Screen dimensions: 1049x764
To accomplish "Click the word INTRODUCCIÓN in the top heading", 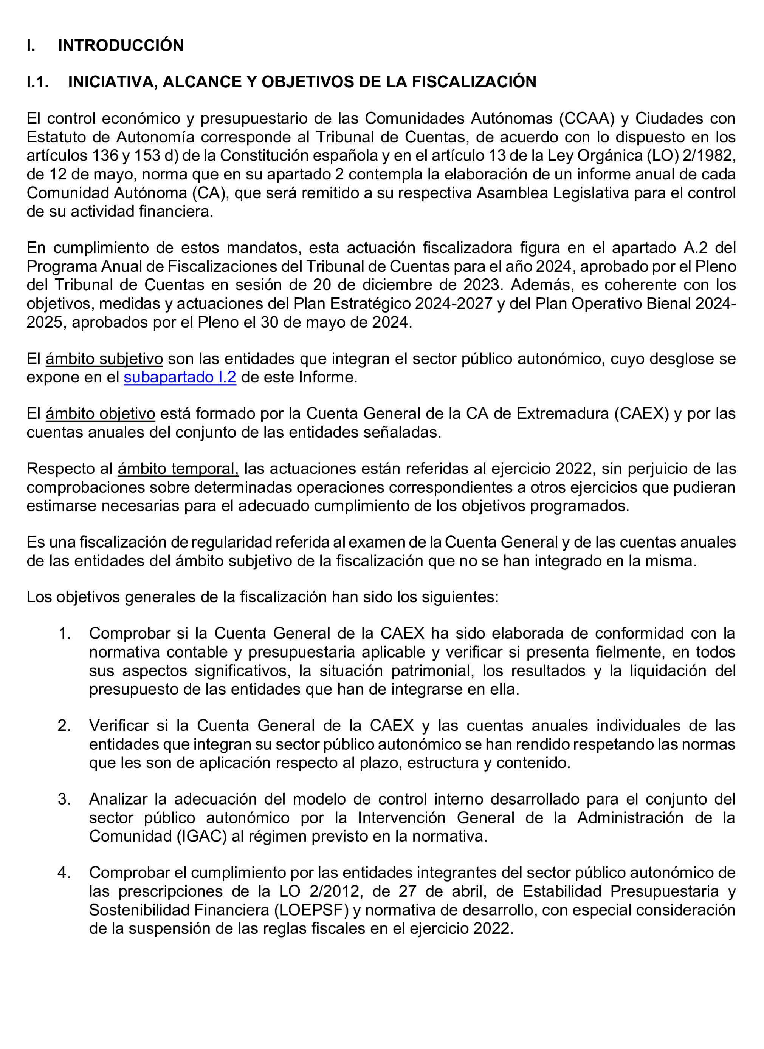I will click(120, 45).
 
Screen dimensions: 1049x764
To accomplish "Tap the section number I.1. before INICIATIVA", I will click(38, 82).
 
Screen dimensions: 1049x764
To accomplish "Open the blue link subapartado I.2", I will click(180, 378).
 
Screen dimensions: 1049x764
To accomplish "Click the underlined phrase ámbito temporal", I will click(178, 469).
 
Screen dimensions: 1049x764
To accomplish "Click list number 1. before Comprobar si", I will click(64, 633).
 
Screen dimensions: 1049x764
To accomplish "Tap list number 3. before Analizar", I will click(64, 799).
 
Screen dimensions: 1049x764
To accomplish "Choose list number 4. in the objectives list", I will click(64, 873).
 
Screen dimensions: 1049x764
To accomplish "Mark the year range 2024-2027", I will click(453, 303).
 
